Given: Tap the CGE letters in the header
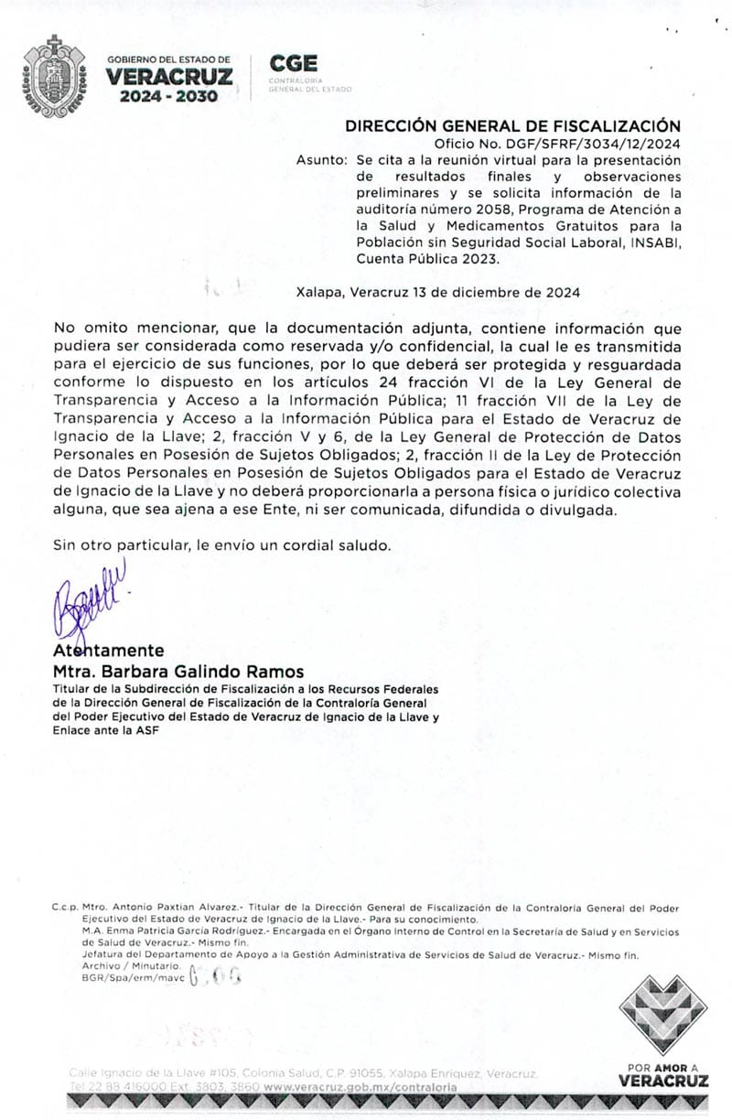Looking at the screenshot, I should [293, 63].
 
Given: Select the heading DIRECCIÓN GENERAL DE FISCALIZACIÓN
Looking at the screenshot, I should [512, 126].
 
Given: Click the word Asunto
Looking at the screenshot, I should [321, 159].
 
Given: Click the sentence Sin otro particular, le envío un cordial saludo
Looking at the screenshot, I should [222, 544].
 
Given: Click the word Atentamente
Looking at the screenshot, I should [109, 651].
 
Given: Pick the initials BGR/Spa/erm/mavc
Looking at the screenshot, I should [134, 978].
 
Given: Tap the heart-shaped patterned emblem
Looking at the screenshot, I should [663, 1015].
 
